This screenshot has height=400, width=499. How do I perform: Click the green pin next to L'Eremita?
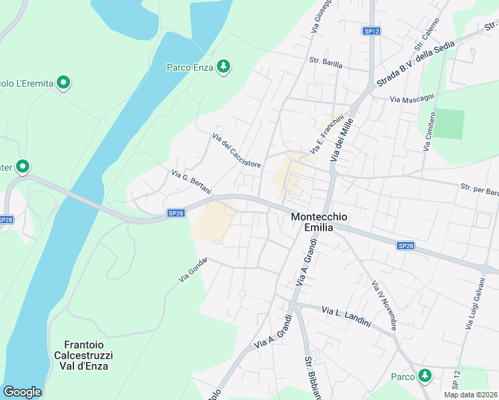point(63,83)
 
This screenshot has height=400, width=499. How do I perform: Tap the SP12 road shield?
point(372,31)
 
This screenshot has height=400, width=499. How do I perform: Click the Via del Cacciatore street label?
point(236,151)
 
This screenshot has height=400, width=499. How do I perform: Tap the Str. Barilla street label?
point(326,64)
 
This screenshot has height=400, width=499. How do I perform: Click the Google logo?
point(22,392)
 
